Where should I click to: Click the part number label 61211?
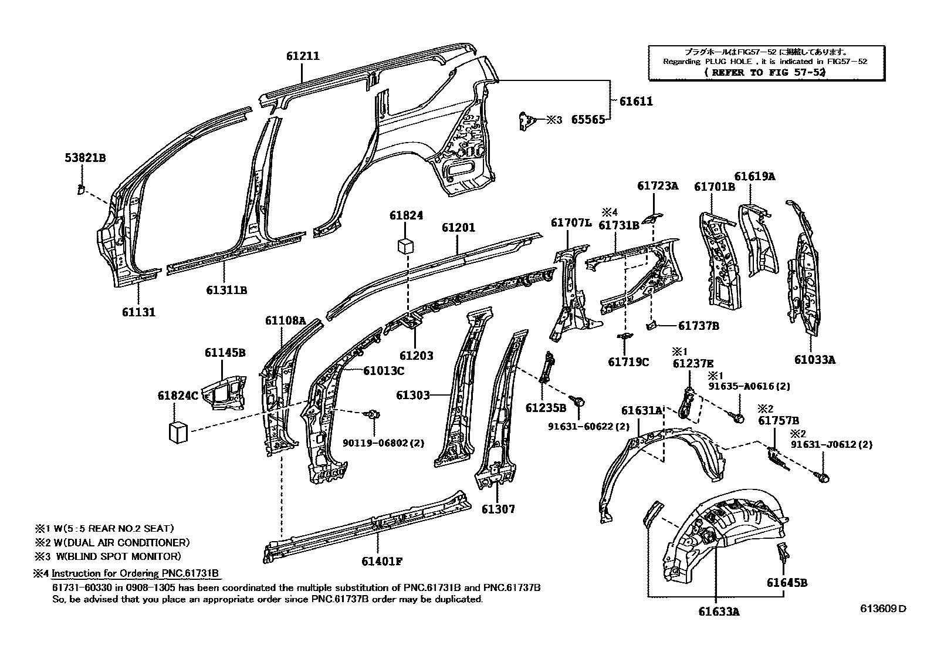pyautogui.click(x=303, y=56)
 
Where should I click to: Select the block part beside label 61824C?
pyautogui.click(x=178, y=432)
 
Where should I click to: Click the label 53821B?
pyautogui.click(x=85, y=158)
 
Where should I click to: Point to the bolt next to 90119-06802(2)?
pyautogui.click(x=372, y=416)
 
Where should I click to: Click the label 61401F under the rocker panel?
pyautogui.click(x=381, y=560)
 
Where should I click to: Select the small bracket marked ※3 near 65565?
pyautogui.click(x=527, y=121)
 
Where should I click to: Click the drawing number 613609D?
pyautogui.click(x=883, y=609)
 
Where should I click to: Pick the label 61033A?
pyautogui.click(x=814, y=360)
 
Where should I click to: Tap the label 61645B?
pyautogui.click(x=786, y=583)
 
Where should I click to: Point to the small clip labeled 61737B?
pyautogui.click(x=651, y=325)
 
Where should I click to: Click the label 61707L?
pyautogui.click(x=571, y=222)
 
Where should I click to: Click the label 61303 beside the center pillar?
pyautogui.click(x=413, y=396)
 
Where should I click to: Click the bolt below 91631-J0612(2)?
pyautogui.click(x=823, y=477)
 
